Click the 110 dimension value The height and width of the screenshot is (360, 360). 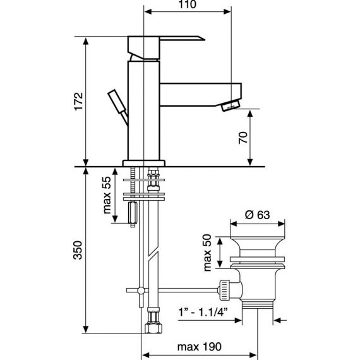pyautogui.click(x=188, y=4)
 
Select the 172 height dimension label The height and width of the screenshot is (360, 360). pyautogui.click(x=78, y=102)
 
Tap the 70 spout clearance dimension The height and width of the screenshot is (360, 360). pyautogui.click(x=244, y=138)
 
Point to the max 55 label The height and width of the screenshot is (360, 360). pyautogui.click(x=107, y=195)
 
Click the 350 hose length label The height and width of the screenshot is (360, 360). pyautogui.click(x=78, y=250)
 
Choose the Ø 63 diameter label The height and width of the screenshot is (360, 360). pyautogui.click(x=258, y=215)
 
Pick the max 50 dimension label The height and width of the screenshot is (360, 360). pyautogui.click(x=208, y=253)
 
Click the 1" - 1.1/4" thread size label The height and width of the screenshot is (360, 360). pyautogui.click(x=203, y=312)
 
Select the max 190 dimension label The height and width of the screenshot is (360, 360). pyautogui.click(x=200, y=347)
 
